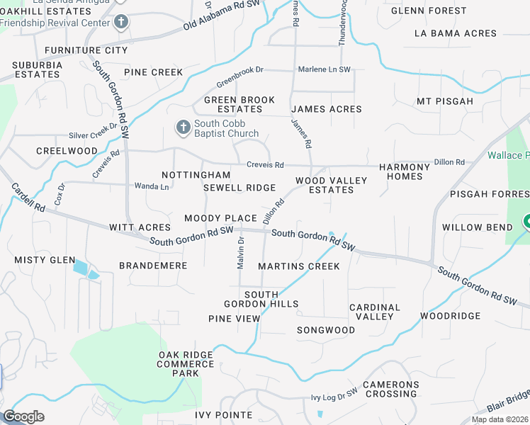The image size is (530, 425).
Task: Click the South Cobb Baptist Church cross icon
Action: click(183, 127)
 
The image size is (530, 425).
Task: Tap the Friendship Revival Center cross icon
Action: click(121, 22)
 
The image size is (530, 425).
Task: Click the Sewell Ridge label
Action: click(239, 188)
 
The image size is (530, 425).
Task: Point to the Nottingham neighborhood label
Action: click(196, 175)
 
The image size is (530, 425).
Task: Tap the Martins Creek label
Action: click(298, 266)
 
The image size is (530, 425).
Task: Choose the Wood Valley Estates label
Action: click(331, 185)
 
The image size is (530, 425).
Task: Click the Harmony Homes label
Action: click(405, 171)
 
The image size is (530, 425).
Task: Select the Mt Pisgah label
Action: click(444, 101)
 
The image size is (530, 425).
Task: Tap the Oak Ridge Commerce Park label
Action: click(186, 363)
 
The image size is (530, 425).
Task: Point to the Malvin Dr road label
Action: click(241, 253)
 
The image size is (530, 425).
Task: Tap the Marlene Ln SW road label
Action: click(325, 69)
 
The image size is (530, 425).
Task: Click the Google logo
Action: click(23, 416)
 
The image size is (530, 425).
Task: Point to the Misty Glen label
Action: click(45, 260)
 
